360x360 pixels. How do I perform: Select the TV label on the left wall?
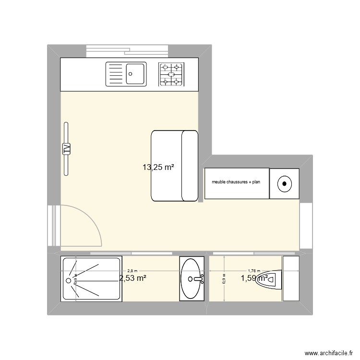pos(66,148)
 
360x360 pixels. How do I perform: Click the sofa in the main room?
pos(174,165)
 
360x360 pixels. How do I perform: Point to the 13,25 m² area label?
pos(158,168)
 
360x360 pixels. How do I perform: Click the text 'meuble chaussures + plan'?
pos(236,182)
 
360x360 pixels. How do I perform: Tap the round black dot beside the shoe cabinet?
pos(285,183)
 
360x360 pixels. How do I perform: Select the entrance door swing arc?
pos(91,221)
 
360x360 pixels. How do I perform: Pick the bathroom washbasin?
pos(192,278)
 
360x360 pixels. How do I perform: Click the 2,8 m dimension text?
pos(132,271)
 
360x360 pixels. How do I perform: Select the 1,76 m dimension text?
pos(253,271)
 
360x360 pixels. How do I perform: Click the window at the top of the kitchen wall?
pos(127,50)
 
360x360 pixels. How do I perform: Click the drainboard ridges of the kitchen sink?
pos(115,74)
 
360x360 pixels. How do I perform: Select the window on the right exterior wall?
pos(306,226)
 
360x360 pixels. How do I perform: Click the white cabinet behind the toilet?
pos(291,279)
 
